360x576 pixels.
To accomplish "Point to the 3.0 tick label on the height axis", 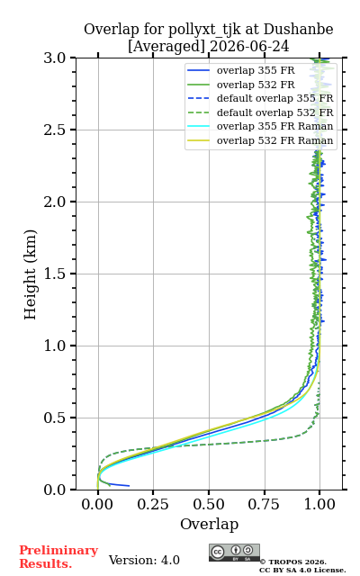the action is point(55,58).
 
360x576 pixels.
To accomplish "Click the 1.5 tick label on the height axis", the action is point(55,274).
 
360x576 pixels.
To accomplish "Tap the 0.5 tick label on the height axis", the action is point(55,418).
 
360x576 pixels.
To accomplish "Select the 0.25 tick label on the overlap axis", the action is point(153,504).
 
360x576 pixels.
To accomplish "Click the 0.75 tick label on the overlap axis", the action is point(264,504).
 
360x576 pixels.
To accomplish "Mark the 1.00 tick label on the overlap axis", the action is point(319,504).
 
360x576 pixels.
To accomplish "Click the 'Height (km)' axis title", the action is point(31,274).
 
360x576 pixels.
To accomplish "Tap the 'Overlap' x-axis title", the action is point(210,524).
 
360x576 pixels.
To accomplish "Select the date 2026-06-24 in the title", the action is point(249,46).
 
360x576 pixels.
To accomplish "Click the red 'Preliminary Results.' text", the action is point(58,557).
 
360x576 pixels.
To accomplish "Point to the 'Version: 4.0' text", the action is point(144,560).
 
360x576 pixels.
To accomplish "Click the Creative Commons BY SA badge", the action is point(234,553).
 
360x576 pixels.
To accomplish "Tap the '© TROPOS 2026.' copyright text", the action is point(293,562).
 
